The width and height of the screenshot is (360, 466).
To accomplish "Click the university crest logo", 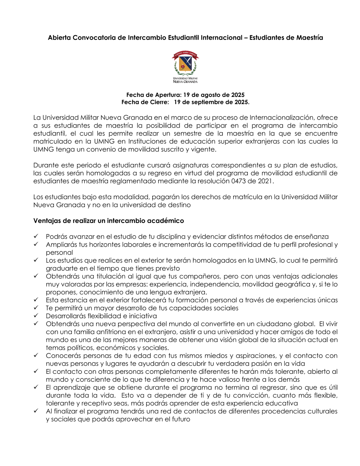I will click(x=185, y=67).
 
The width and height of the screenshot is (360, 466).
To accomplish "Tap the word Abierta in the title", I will click(x=59, y=38).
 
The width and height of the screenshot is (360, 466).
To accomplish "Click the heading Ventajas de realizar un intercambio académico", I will click(x=108, y=221).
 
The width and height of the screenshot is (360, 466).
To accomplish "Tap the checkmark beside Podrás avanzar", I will click(x=36, y=236).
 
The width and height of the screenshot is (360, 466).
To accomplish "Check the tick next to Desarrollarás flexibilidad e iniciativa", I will click(x=36, y=315).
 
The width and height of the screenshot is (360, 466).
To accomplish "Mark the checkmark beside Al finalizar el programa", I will click(x=36, y=411).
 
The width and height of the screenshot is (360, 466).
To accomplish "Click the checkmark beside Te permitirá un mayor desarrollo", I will click(x=36, y=308).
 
